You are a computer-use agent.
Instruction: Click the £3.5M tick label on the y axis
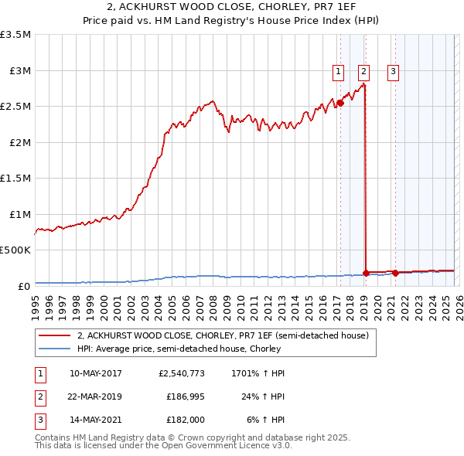tap(15, 35)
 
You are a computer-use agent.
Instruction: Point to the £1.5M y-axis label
tap(15, 178)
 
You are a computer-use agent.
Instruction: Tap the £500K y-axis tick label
tap(15, 250)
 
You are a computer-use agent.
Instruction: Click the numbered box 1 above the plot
tap(339, 72)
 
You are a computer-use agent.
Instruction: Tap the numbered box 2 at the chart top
tap(364, 72)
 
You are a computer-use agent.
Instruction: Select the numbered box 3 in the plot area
tap(393, 72)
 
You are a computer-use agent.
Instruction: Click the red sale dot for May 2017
tap(339, 103)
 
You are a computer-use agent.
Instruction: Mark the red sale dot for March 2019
tap(366, 272)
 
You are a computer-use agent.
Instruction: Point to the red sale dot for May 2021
tap(395, 272)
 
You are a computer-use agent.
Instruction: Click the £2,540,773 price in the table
tap(181, 373)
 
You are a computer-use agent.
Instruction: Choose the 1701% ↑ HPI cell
tap(258, 373)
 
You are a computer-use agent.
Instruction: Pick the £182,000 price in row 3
tap(186, 420)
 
